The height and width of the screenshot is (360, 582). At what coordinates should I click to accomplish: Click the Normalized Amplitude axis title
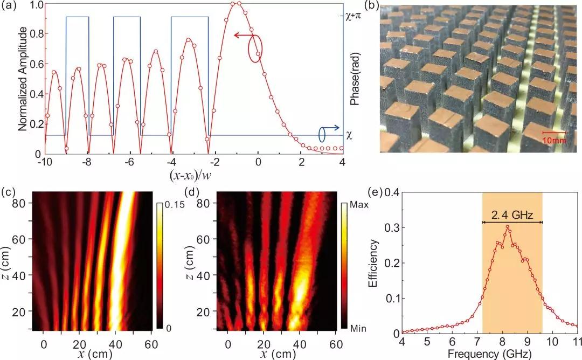[x=22, y=80]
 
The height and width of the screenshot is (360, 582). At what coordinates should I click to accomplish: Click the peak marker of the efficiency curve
[x=507, y=227]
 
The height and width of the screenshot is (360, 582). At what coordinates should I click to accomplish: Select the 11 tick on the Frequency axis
[x=576, y=342]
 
